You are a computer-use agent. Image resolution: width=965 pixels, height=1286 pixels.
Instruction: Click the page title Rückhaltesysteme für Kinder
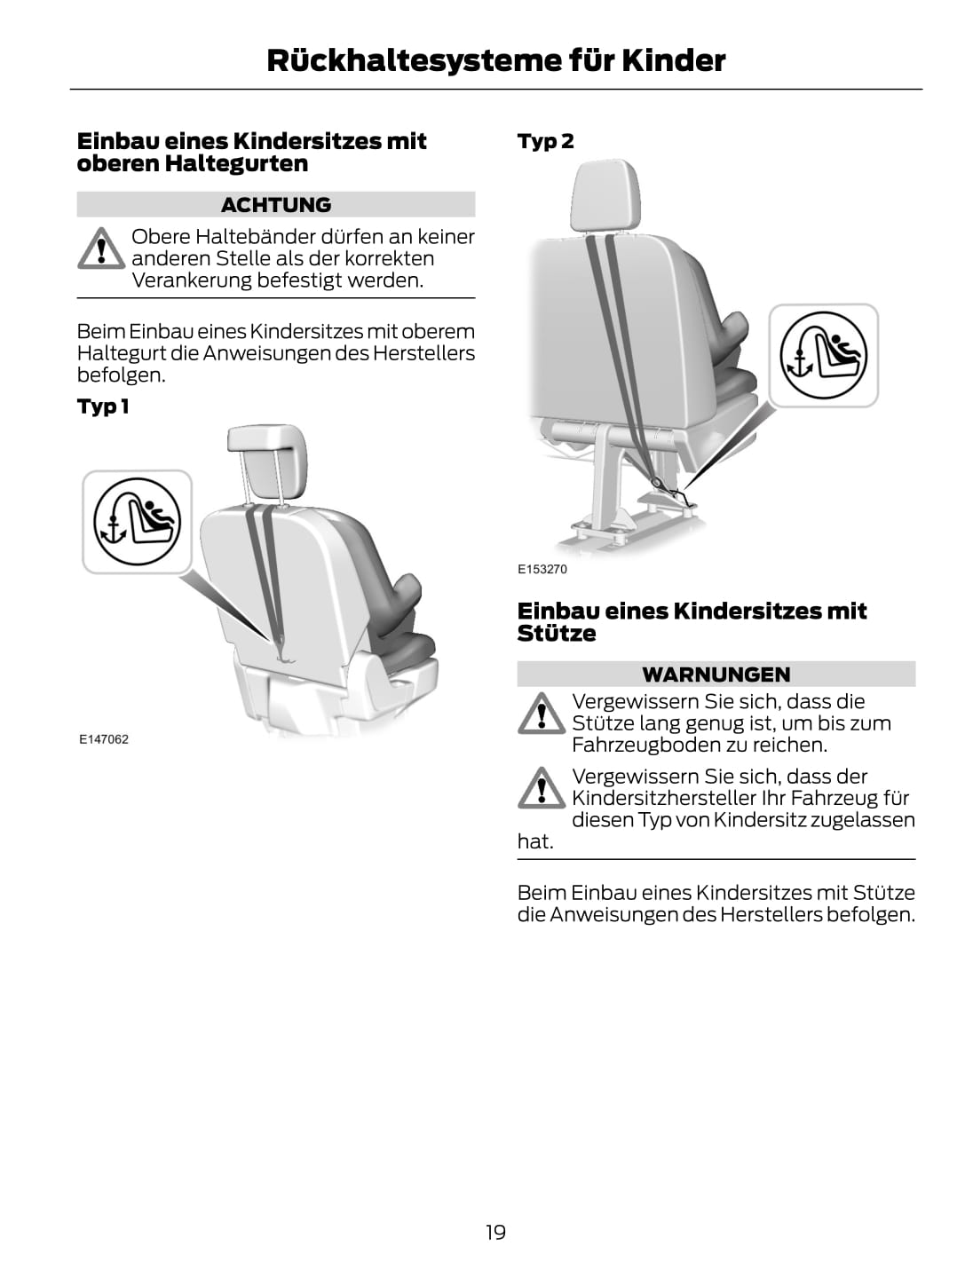click(x=495, y=60)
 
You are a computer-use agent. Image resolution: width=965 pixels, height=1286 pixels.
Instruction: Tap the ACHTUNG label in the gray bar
click(x=276, y=204)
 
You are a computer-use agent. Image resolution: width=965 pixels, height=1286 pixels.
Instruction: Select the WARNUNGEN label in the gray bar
click(x=716, y=675)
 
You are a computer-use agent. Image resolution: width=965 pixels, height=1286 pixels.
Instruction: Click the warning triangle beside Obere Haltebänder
click(x=101, y=249)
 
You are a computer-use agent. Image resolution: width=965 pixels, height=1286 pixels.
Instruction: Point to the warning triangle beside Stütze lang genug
click(x=542, y=713)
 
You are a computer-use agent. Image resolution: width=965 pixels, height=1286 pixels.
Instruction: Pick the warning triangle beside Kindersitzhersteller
click(x=542, y=788)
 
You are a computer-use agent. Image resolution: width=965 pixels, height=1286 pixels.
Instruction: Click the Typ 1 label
click(x=103, y=406)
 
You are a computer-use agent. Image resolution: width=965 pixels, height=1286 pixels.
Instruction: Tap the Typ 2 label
click(x=545, y=141)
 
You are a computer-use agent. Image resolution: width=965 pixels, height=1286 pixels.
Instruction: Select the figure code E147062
click(x=104, y=739)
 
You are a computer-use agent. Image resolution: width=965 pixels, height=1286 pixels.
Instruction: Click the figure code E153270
click(x=542, y=569)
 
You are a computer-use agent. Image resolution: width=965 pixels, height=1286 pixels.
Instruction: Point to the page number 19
click(x=495, y=1232)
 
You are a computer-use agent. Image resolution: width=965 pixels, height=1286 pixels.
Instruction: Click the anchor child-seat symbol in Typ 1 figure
click(x=137, y=522)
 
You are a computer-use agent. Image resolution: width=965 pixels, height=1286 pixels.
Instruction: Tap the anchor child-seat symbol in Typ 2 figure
click(x=823, y=355)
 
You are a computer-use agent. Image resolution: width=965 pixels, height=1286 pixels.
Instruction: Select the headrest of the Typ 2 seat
click(x=605, y=195)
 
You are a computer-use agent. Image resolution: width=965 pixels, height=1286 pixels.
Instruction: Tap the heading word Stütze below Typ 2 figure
click(x=556, y=634)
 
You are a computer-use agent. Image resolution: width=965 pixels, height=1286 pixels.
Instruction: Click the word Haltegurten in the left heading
click(x=236, y=163)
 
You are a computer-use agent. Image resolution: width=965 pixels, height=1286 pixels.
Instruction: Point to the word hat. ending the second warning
click(x=535, y=842)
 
